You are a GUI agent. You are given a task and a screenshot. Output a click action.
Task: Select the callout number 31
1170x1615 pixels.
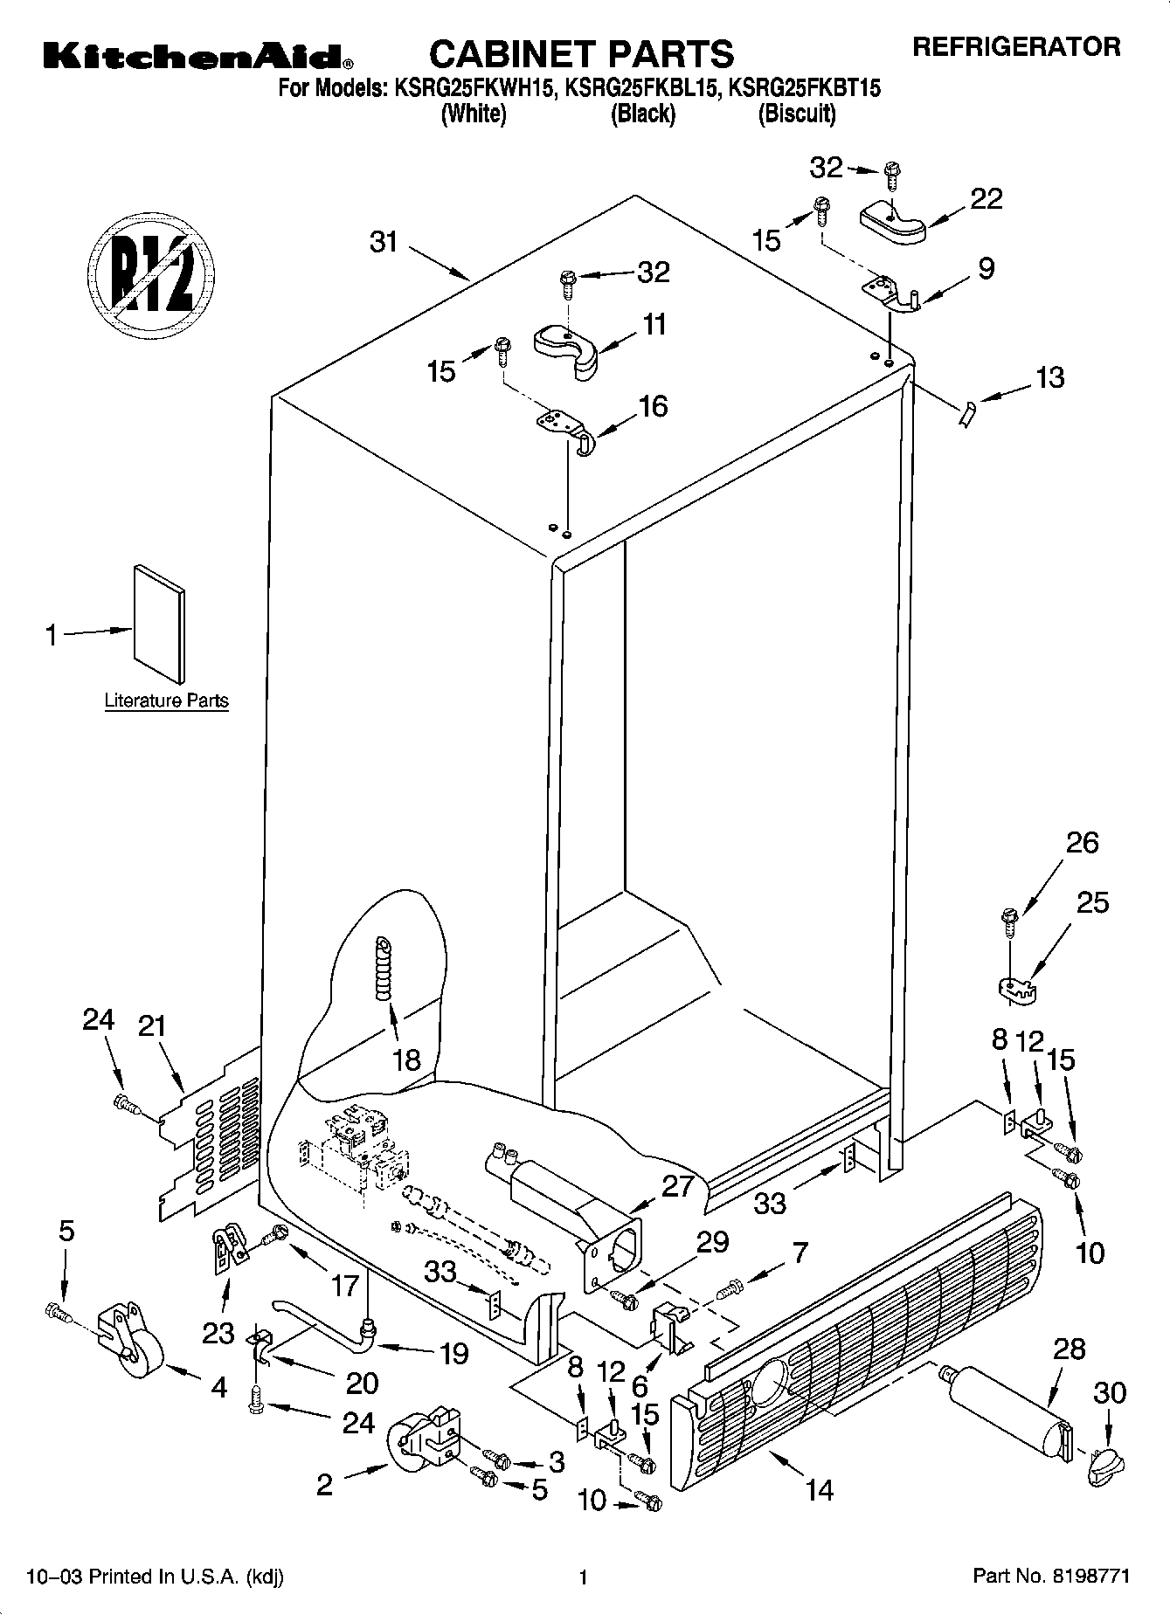click(x=384, y=242)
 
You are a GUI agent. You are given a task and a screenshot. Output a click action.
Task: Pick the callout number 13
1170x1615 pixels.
click(x=1049, y=377)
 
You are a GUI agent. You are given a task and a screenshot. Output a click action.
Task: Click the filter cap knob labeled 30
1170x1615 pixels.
click(x=1103, y=1463)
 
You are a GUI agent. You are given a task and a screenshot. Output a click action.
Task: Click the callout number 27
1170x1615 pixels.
click(x=677, y=1186)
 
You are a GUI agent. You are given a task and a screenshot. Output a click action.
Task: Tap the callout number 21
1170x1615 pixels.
click(x=152, y=1026)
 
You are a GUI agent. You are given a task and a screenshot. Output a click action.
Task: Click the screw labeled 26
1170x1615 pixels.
click(x=1009, y=920)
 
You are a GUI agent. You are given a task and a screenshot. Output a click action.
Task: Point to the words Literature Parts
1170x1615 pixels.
click(x=166, y=701)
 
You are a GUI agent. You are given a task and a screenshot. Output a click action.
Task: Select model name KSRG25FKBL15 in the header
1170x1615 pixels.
click(x=642, y=87)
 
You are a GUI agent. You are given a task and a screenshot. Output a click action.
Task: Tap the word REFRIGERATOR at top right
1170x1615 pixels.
click(x=1016, y=46)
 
